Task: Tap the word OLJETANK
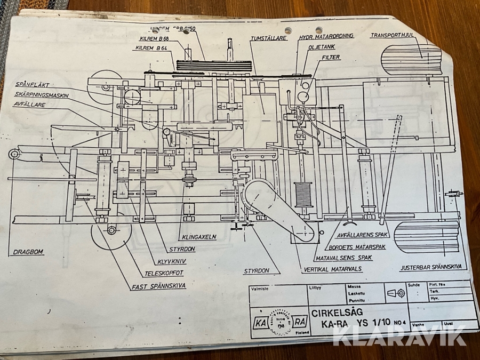tap(321, 46)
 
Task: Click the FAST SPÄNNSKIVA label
tap(159, 286)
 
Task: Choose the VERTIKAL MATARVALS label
tap(331, 269)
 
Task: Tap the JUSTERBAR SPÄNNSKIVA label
tap(433, 267)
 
